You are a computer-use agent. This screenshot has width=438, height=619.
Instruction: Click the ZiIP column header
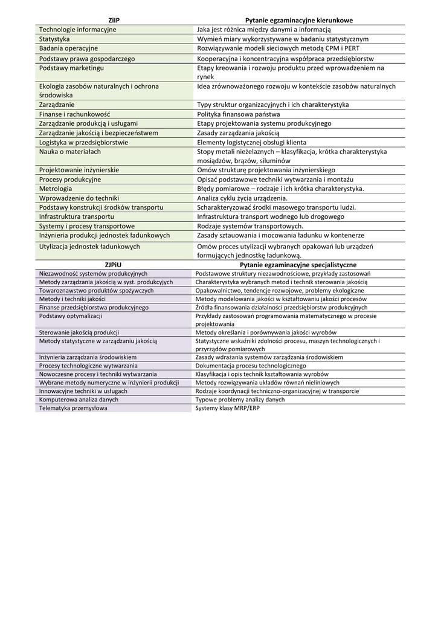point(114,20)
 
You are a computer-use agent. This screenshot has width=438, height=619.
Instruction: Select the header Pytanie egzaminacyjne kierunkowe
point(298,20)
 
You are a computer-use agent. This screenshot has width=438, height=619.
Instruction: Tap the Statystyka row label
point(54,39)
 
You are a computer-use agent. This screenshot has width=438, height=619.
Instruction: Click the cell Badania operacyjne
point(68,48)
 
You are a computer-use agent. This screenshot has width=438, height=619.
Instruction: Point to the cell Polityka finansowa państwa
point(239,114)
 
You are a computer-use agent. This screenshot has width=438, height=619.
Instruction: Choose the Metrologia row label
point(56,189)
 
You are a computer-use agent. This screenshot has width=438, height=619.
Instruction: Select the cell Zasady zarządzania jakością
point(238,132)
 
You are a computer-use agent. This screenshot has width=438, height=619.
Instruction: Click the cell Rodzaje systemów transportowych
point(250,225)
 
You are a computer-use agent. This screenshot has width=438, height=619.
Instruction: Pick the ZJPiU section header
point(113,265)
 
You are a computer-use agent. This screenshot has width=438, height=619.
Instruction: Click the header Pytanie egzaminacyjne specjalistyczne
point(298,265)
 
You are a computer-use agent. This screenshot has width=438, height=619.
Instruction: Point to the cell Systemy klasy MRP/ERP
point(226,408)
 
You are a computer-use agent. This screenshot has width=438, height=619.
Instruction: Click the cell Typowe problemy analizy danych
point(240,400)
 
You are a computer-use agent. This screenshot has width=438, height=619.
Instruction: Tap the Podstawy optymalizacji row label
point(71,316)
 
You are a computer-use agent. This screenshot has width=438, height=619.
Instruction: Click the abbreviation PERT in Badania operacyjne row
point(351,48)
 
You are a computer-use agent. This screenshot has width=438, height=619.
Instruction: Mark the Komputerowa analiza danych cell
point(79,400)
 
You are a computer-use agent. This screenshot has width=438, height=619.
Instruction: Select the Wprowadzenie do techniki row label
point(79,198)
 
